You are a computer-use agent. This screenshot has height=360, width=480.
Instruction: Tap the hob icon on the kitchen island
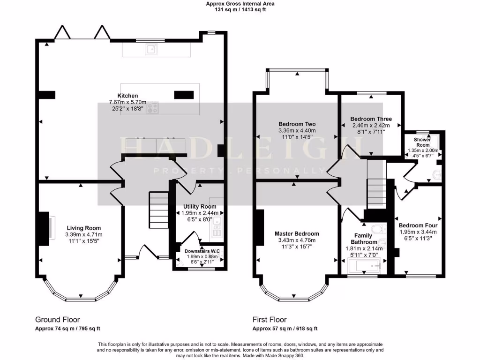point(152,108)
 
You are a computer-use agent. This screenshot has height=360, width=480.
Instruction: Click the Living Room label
point(83,228)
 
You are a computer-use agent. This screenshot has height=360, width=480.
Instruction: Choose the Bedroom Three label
point(371,119)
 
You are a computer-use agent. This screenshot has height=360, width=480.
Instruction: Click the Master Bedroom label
point(297,233)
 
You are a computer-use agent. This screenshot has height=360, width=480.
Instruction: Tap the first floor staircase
point(376,190)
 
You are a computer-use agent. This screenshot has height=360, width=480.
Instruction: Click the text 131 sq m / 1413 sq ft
point(240,9)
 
